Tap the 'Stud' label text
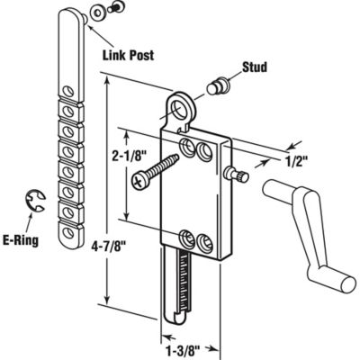click(255, 67)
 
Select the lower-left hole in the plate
click(186, 238)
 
